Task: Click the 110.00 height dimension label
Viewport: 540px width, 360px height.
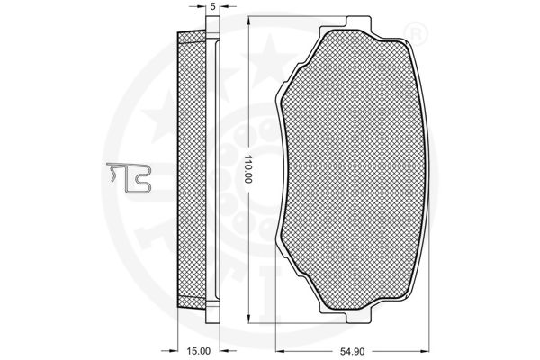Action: coord(248,169)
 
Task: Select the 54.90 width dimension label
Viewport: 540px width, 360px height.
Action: coord(352,351)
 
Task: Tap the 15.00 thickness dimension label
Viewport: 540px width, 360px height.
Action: coord(198,351)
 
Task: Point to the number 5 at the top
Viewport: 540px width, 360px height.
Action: coord(212,6)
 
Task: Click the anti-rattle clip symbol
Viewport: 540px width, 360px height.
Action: coord(129,177)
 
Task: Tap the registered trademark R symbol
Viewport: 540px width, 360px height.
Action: coord(415,34)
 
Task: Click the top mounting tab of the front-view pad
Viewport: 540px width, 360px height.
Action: coord(358,22)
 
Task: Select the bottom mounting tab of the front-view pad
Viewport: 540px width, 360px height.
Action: coord(358,318)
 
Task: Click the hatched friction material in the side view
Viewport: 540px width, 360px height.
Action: coord(192,169)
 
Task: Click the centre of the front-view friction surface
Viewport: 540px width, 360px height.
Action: coord(353,169)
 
